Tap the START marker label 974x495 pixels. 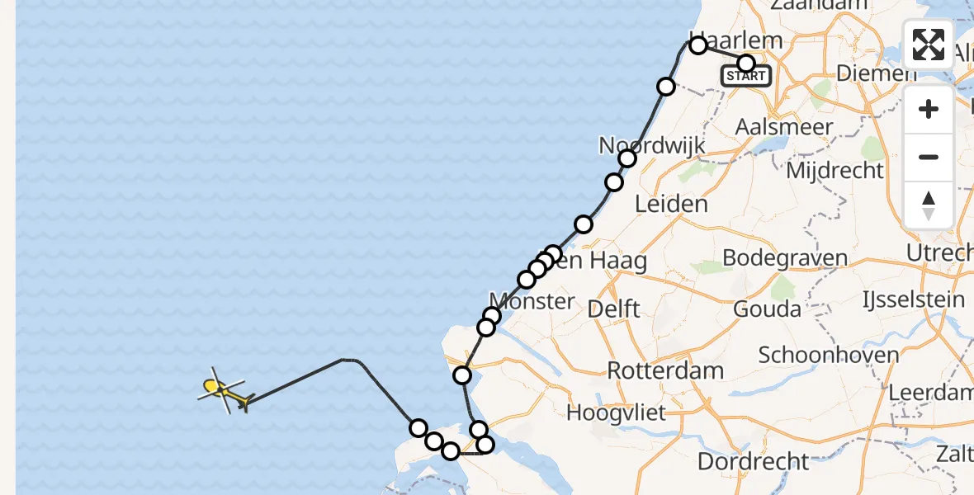pos(746,77)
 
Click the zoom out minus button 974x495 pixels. pos(929,157)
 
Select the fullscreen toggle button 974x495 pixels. pos(929,45)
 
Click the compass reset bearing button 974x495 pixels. pos(929,205)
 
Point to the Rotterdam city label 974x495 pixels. pos(665,370)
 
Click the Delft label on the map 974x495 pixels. pos(613,309)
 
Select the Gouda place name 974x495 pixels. pos(768,309)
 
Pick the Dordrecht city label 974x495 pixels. pos(754,460)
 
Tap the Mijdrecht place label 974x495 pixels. pos(835,171)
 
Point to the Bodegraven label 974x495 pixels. pos(784,258)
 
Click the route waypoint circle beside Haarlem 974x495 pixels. pos(698,45)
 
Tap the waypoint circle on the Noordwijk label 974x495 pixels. pos(627,158)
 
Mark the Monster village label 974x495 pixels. pos(532,301)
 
